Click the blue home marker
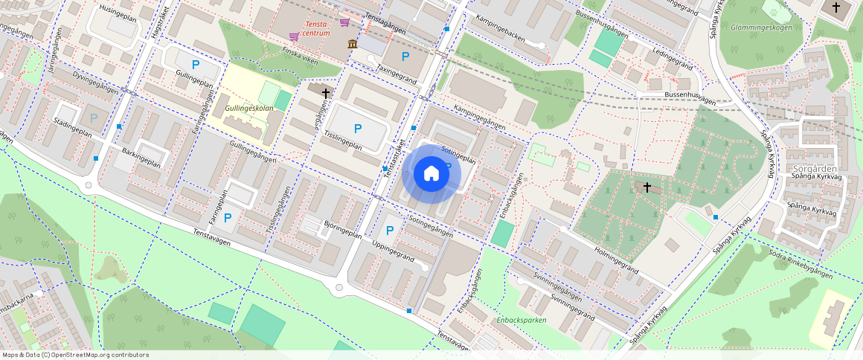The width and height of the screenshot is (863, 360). pos(431,173)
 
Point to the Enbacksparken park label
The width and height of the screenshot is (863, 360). pos(522,320)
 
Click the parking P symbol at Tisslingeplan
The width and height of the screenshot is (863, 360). pos(358,129)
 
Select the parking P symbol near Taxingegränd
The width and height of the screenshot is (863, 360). pos(405,56)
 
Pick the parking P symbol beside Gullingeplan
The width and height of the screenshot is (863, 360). pos(196,65)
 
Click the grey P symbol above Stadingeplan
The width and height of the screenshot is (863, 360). pos(93,118)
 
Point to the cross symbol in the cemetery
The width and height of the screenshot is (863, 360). pos(647,187)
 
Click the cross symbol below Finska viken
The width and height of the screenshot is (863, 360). pos(325,93)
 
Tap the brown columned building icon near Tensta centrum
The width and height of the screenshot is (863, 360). pos(352,45)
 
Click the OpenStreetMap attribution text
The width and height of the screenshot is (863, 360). pos(74,355)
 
